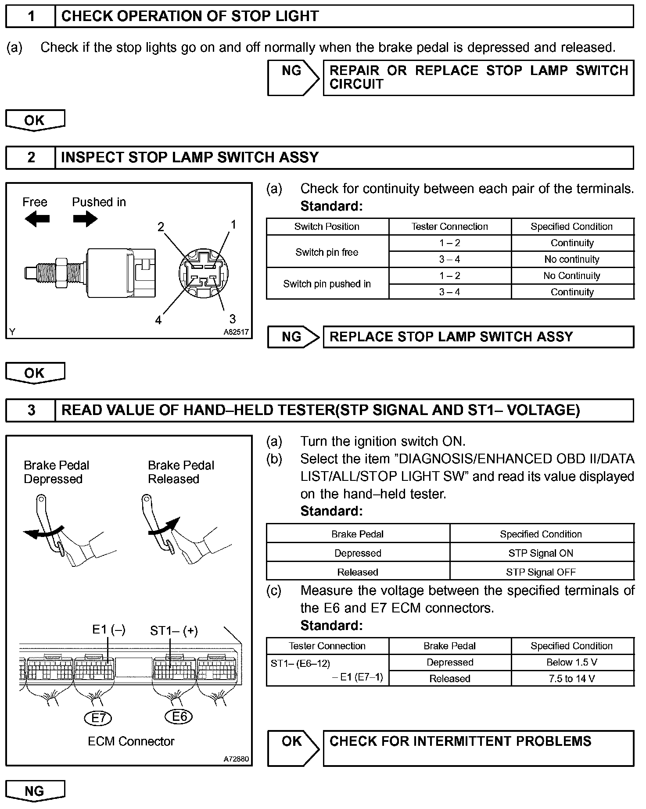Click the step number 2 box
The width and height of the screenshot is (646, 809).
[x=31, y=158]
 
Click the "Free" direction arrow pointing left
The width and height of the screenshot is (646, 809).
[x=37, y=218]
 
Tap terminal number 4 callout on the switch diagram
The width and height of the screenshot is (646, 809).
[x=158, y=320]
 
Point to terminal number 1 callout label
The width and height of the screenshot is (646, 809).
[x=233, y=225]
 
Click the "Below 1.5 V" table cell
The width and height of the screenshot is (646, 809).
[x=572, y=662]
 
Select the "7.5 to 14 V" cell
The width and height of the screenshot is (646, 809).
[x=572, y=679]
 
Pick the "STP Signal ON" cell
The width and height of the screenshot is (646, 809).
[x=541, y=553]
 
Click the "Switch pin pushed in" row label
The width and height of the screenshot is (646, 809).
[x=327, y=284]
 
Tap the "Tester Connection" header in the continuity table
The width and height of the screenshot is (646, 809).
[x=449, y=226]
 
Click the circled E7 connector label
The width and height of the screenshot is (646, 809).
[x=98, y=718]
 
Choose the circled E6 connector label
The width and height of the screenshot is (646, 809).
[x=179, y=717]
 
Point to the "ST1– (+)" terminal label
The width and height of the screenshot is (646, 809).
[x=174, y=631]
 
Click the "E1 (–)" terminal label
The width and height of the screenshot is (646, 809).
[x=109, y=630]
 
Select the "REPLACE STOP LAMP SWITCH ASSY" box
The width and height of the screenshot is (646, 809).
[x=478, y=337]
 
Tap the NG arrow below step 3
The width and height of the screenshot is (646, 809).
[x=35, y=791]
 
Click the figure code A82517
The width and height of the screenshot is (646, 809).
[x=236, y=332]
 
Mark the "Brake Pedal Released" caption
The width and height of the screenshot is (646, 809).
[x=181, y=472]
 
